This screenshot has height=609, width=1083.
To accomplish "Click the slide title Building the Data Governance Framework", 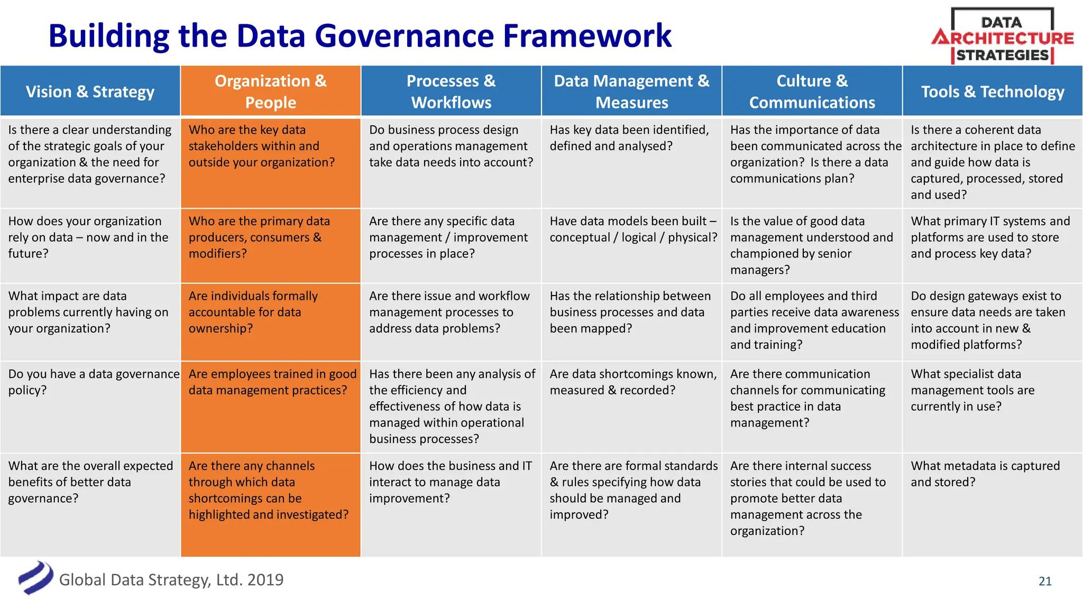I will coord(360,36).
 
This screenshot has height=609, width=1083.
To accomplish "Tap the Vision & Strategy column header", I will coord(90,91).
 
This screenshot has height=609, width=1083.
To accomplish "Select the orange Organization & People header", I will coord(270,91).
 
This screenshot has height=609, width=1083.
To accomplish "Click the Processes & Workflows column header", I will coord(451,91).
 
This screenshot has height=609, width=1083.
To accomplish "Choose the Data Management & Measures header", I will coord(631,91).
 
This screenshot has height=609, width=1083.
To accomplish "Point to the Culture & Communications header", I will coord(812,91).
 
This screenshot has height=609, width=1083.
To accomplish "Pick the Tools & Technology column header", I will coord(993,91).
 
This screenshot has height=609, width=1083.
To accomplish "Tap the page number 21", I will coord(1045,581).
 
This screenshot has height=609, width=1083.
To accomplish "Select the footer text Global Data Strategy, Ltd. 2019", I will coord(171,580).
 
